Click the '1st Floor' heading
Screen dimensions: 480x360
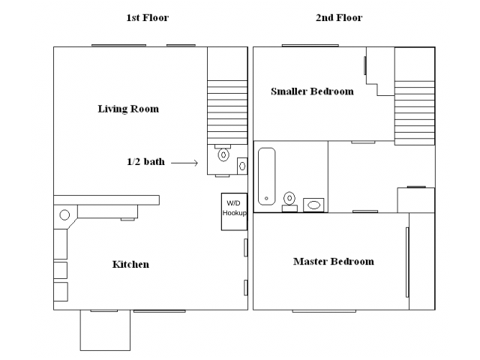(x=147, y=18)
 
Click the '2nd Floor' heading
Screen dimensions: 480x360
(x=339, y=18)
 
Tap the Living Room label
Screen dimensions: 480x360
(x=128, y=109)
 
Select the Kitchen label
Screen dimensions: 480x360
(x=130, y=264)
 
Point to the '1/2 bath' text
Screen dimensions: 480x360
(x=145, y=161)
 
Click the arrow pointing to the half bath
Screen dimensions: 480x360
(x=184, y=163)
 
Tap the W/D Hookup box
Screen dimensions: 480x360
(x=234, y=211)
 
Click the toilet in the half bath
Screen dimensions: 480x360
(x=223, y=153)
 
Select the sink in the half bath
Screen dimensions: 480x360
(x=242, y=166)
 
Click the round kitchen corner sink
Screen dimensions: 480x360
(x=64, y=215)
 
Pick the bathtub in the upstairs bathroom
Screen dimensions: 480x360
(x=267, y=177)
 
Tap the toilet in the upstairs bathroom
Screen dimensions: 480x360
(x=289, y=202)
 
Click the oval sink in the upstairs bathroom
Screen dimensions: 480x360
(x=313, y=205)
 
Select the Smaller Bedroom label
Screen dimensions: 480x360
(x=312, y=91)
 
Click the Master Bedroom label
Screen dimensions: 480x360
(x=334, y=262)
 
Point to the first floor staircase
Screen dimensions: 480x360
(x=227, y=112)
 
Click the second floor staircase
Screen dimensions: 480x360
(x=415, y=113)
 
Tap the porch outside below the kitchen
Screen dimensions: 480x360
(x=105, y=330)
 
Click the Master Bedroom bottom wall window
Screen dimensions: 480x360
(x=324, y=311)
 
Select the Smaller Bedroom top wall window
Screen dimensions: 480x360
(x=310, y=46)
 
